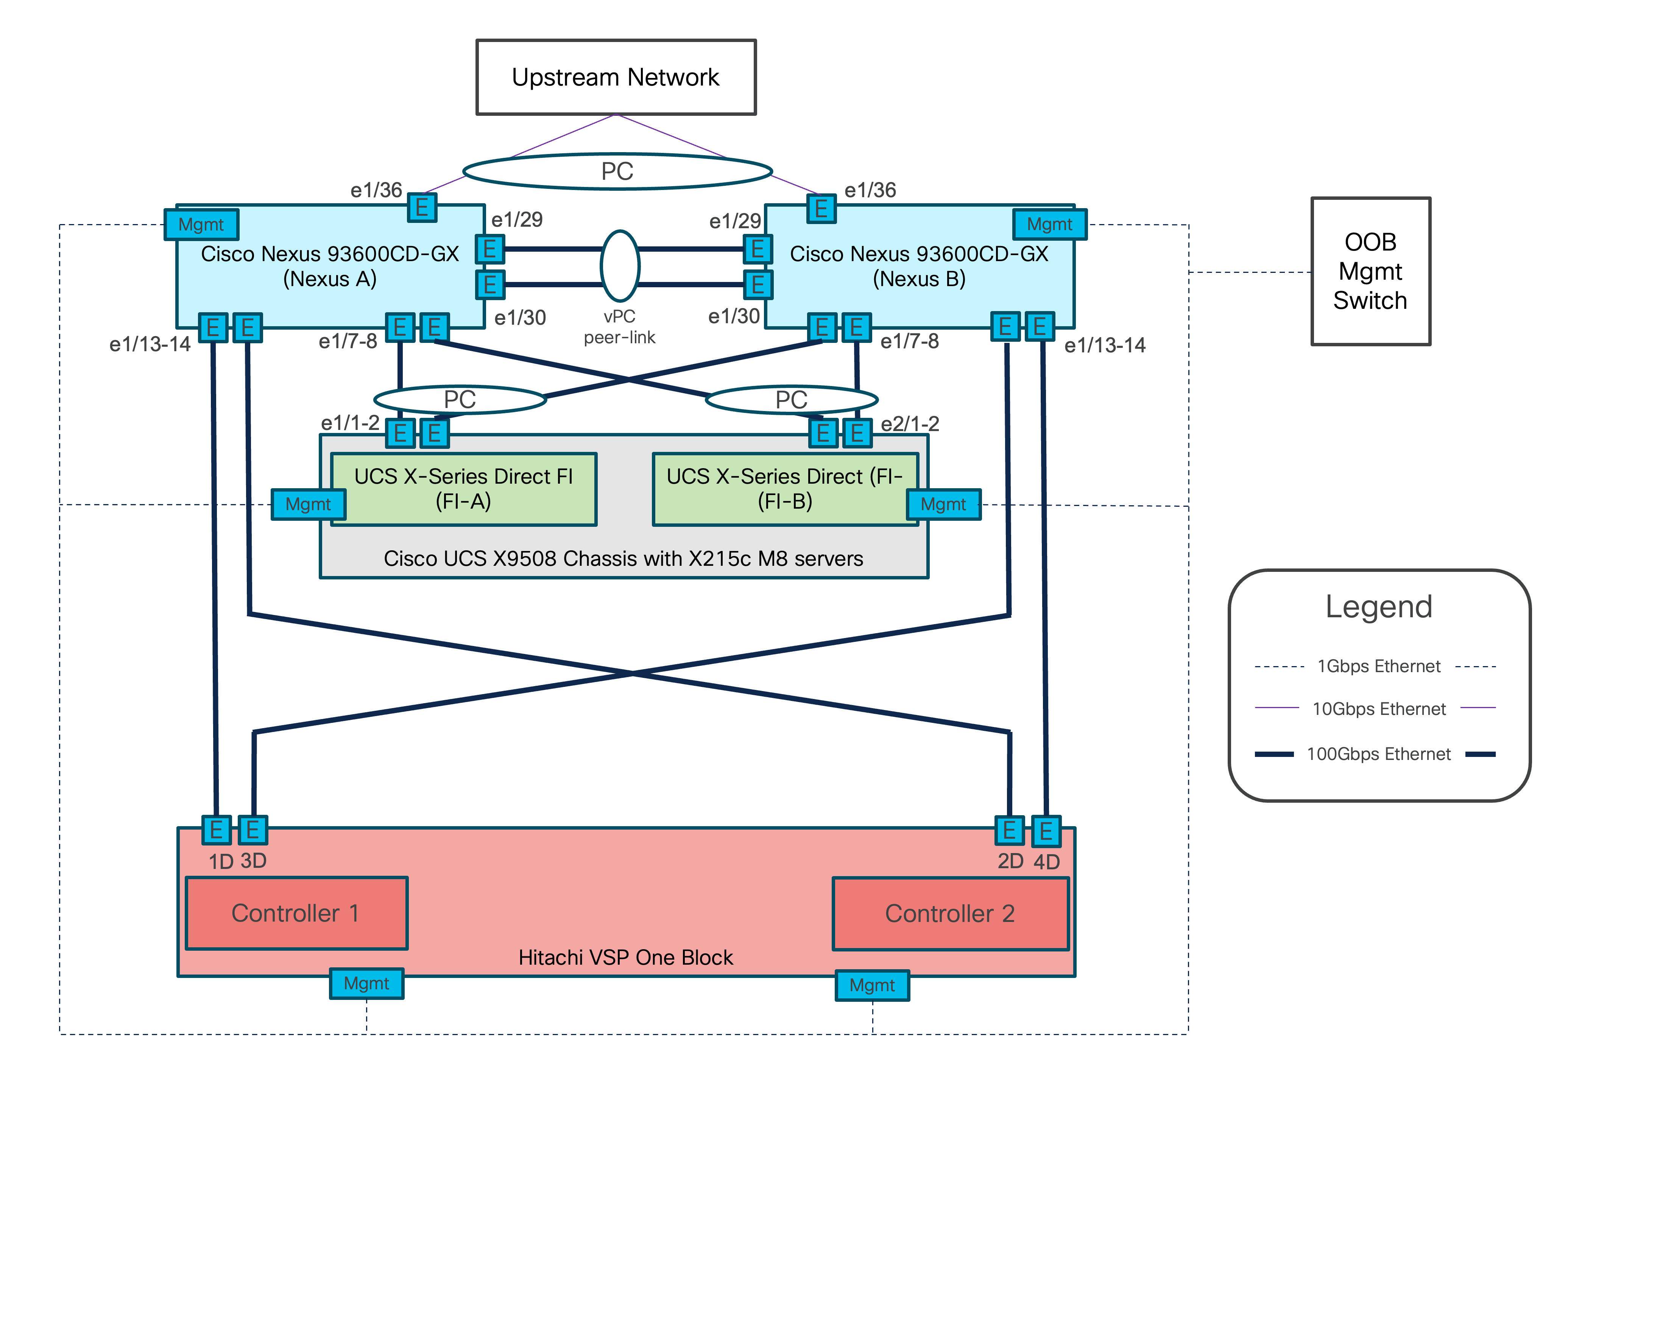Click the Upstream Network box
616,78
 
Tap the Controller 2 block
950,914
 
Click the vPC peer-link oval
620,266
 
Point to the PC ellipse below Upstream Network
617,171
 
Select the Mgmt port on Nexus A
201,224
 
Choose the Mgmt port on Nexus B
1050,224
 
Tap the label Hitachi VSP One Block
625,957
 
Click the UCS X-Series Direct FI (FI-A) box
463,489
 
